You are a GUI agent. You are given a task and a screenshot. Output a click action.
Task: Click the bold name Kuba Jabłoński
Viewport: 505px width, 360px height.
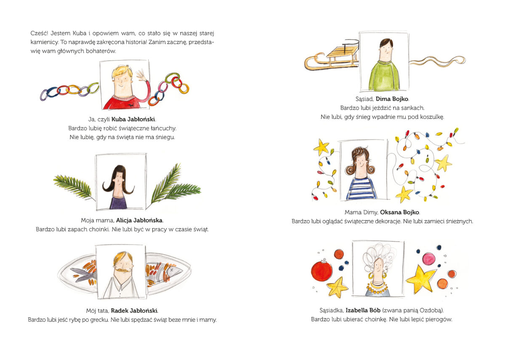pyautogui.click(x=133, y=119)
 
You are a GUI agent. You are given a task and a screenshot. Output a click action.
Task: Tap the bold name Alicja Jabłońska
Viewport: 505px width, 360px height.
pyautogui.click(x=139, y=220)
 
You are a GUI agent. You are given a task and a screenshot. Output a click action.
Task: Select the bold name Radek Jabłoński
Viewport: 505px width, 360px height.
pyautogui.click(x=134, y=311)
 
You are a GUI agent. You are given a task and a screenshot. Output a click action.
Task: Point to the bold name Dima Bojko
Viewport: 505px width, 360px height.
pyautogui.click(x=392, y=99)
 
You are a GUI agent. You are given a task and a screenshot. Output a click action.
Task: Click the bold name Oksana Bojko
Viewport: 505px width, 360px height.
pyautogui.click(x=400, y=213)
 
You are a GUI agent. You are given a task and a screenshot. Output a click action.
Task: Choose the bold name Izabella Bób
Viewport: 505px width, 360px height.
pyautogui.click(x=363, y=310)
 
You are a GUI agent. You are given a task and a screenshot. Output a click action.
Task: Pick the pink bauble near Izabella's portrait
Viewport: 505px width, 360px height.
pyautogui.click(x=428, y=259)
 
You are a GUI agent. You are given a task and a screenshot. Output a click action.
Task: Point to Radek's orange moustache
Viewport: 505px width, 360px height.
pyautogui.click(x=122, y=269)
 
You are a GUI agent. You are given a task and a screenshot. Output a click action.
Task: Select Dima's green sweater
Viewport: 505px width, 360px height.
pyautogui.click(x=384, y=76)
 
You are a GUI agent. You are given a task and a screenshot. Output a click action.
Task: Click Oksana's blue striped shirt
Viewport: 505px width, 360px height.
pyautogui.click(x=361, y=189)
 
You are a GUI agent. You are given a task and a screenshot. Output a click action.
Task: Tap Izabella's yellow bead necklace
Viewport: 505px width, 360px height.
pyautogui.click(x=377, y=289)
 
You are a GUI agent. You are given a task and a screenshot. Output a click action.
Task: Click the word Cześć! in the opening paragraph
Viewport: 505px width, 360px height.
pyautogui.click(x=39, y=33)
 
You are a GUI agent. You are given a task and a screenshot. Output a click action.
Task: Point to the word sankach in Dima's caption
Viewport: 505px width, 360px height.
pyautogui.click(x=412, y=108)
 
